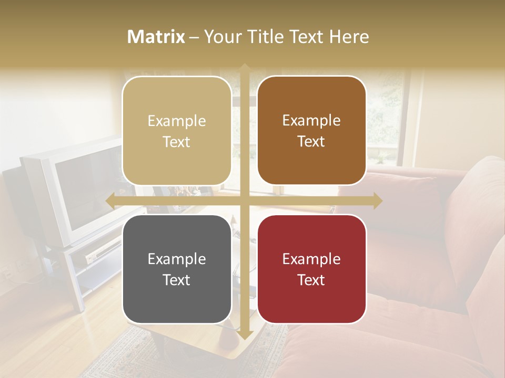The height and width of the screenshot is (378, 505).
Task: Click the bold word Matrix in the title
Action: (x=156, y=37)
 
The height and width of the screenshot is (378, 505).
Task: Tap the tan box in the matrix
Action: (x=177, y=131)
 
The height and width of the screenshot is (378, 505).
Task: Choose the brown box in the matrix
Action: (x=311, y=131)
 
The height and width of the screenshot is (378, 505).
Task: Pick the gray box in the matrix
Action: (x=177, y=269)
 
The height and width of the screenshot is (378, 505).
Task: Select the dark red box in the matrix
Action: (x=311, y=269)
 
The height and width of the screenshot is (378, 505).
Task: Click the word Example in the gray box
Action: (x=177, y=259)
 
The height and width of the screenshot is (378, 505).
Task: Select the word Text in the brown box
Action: (x=311, y=142)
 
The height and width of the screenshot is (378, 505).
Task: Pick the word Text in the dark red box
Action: (x=311, y=280)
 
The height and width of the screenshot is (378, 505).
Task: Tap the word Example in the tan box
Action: (x=177, y=121)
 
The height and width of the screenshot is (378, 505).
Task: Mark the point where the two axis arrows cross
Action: (x=245, y=201)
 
